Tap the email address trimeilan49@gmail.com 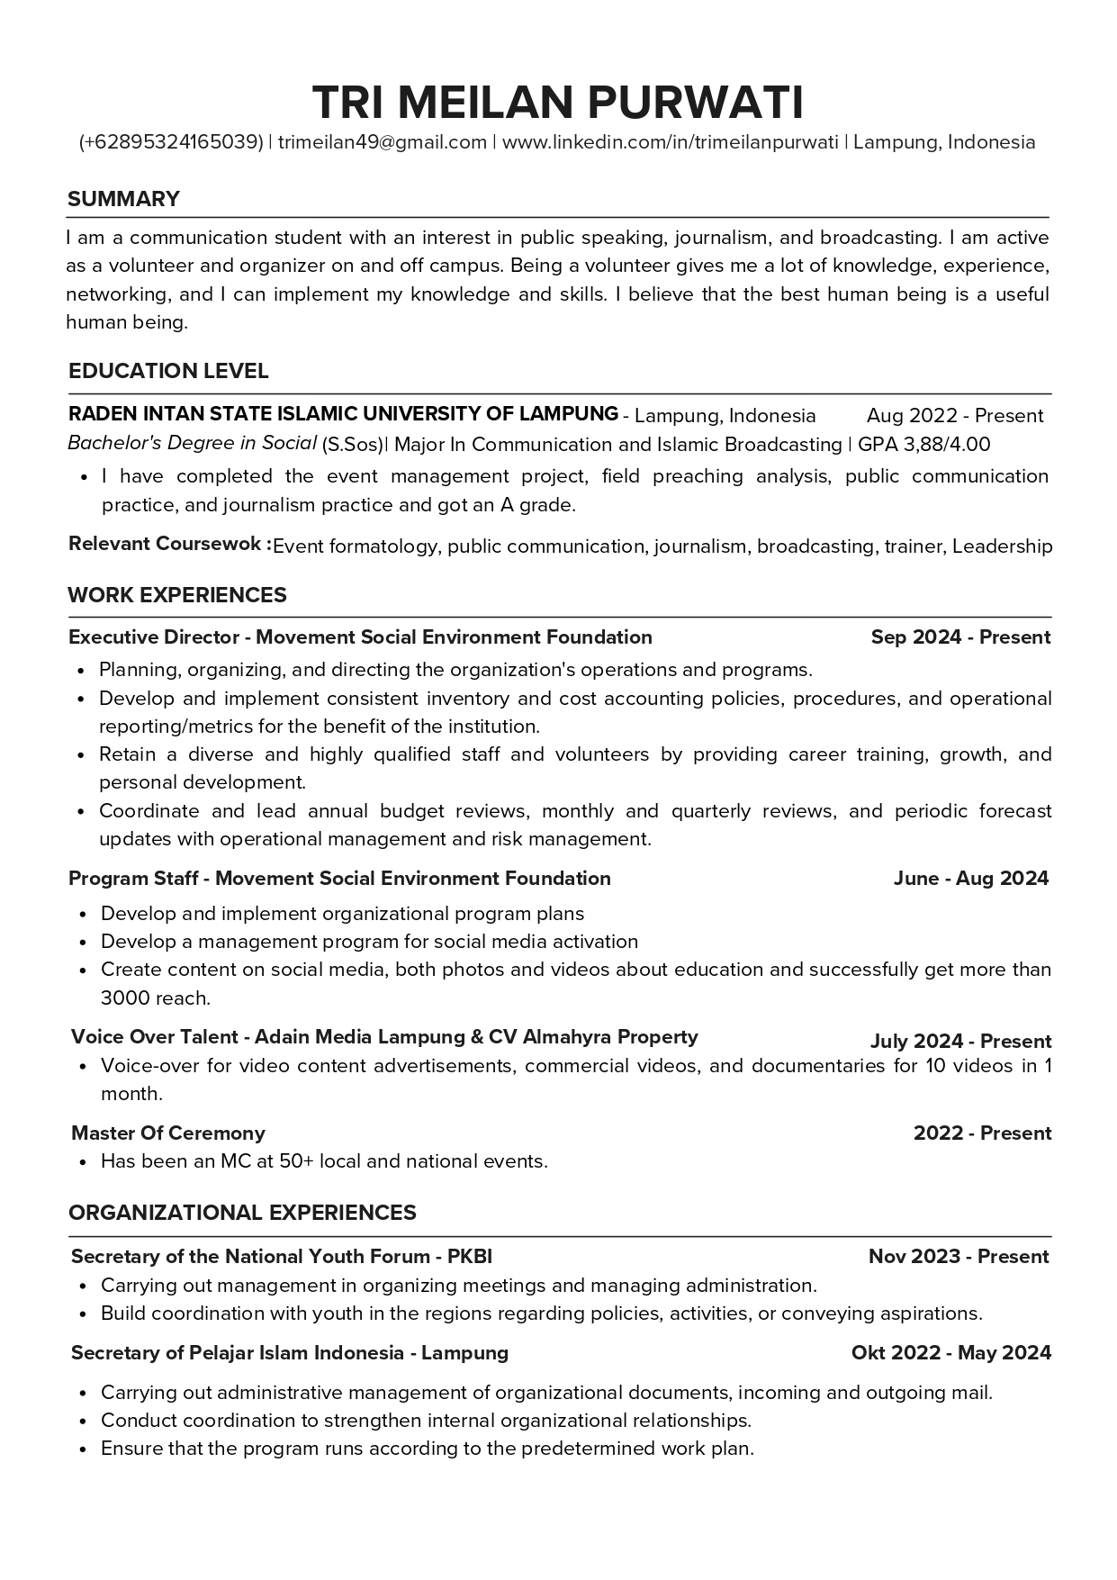click(383, 142)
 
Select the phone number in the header click(171, 142)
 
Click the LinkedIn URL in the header click(670, 142)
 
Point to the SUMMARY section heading click(124, 199)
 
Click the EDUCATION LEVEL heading click(168, 371)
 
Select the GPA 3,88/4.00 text click(923, 444)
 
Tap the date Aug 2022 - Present click(954, 416)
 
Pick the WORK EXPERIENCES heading click(177, 595)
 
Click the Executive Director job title click(154, 637)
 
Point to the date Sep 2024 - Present click(960, 637)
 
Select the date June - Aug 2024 click(971, 879)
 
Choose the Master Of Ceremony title click(168, 1133)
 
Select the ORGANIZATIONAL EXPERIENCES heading click(242, 1213)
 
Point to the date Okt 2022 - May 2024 click(950, 1353)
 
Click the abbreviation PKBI click(470, 1257)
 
